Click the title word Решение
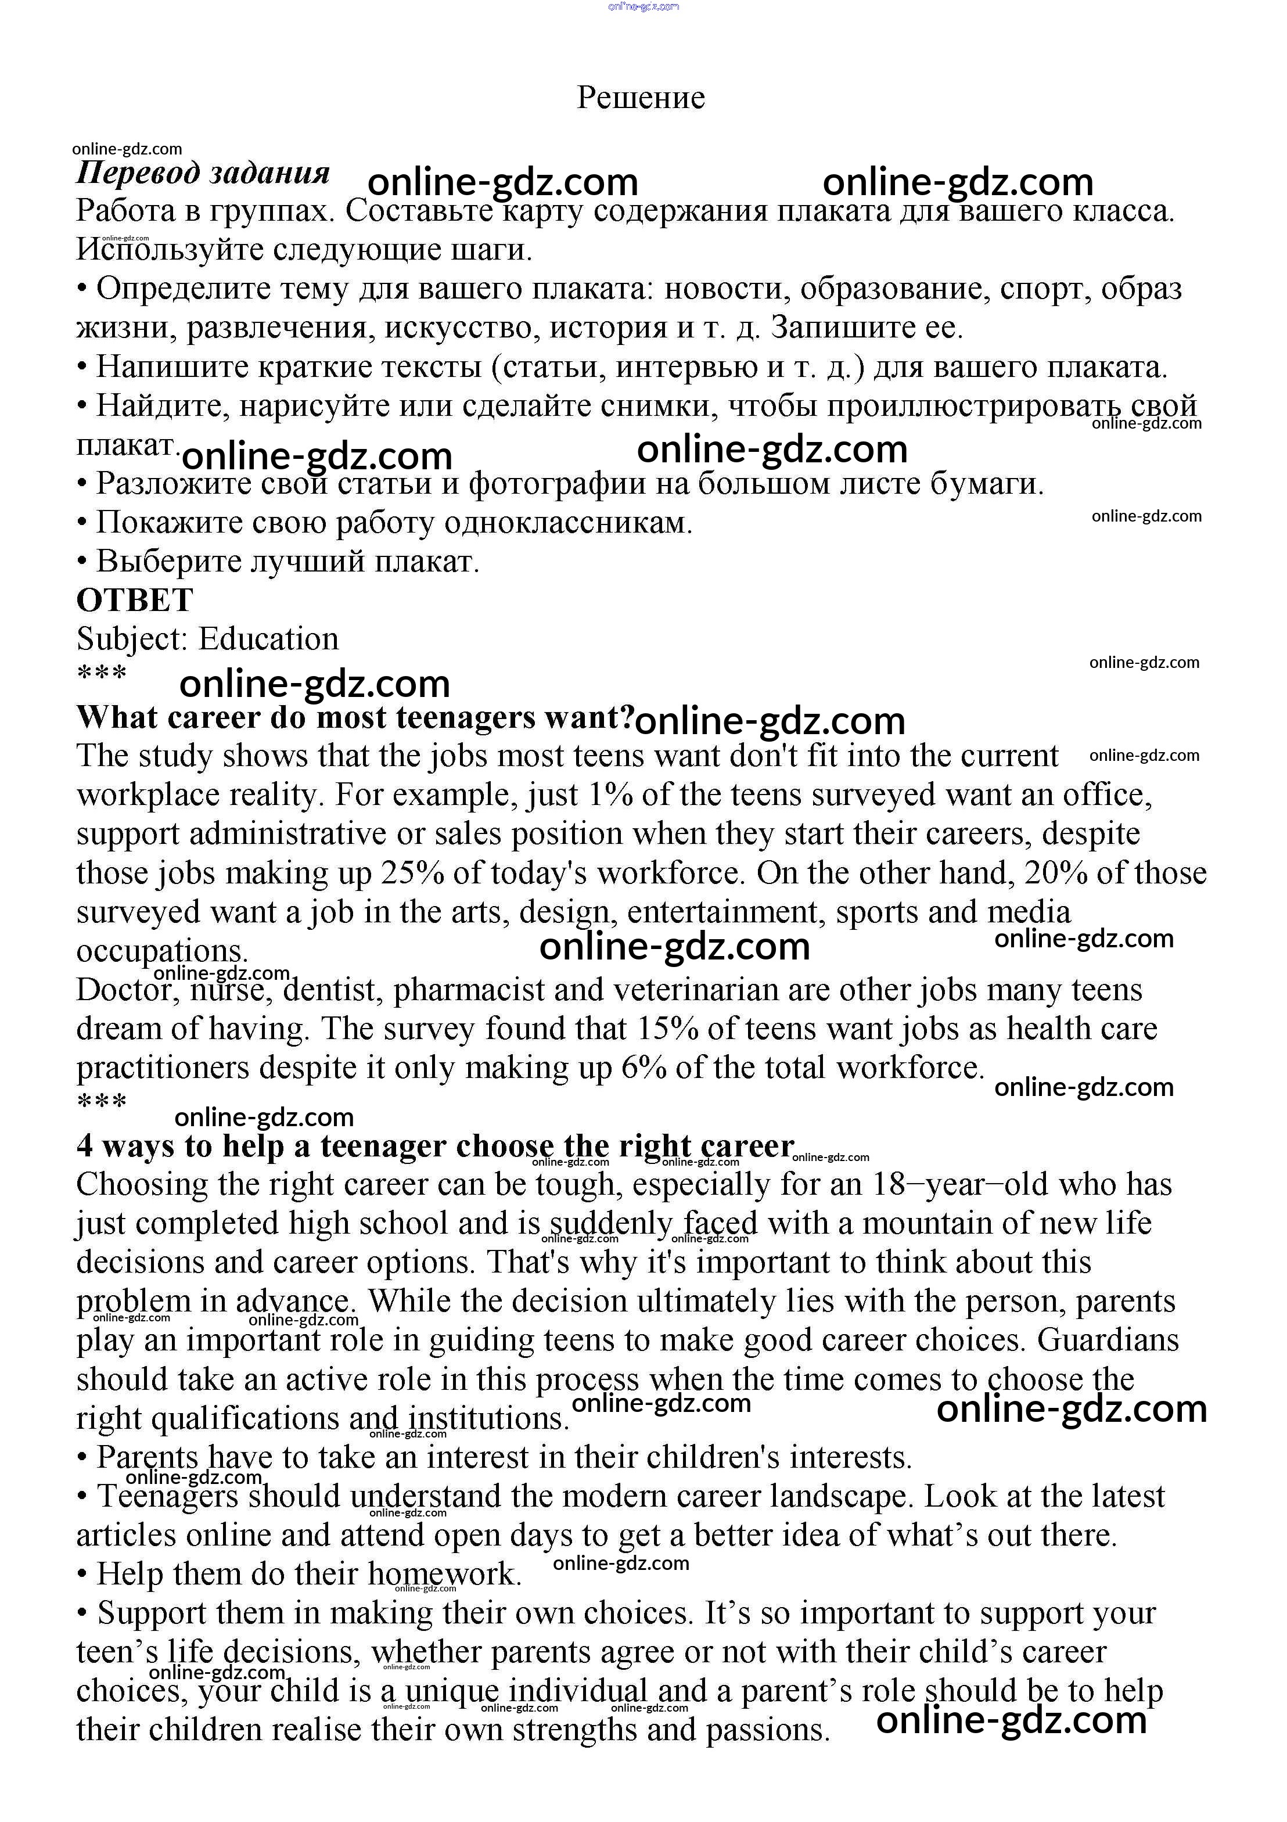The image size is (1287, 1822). (x=641, y=98)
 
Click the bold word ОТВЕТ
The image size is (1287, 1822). (x=135, y=601)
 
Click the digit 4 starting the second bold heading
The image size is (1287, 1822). (x=84, y=1146)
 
